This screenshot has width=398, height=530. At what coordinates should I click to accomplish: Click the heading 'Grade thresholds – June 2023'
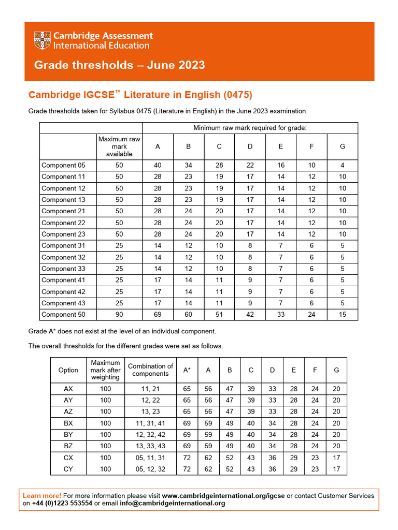(x=119, y=65)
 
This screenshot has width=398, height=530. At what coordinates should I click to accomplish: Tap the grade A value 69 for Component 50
(x=158, y=315)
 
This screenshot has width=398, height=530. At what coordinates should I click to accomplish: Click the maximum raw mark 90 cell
(x=119, y=315)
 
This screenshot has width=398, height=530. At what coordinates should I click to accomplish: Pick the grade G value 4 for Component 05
(x=342, y=166)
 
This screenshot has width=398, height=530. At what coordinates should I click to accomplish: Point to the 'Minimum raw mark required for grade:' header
(x=250, y=128)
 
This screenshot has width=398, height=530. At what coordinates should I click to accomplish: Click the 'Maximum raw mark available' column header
(x=119, y=146)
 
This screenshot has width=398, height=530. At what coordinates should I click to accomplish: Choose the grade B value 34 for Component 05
(x=189, y=166)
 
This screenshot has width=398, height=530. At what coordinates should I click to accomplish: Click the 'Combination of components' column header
(x=150, y=370)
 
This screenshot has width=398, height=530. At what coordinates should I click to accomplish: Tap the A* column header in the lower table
(x=187, y=370)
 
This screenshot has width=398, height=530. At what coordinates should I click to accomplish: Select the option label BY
(x=68, y=434)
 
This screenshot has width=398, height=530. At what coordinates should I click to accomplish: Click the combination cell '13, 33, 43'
(x=150, y=446)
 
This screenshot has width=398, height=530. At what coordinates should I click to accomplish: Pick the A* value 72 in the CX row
(x=187, y=457)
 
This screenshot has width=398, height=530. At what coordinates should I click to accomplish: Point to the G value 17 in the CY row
(x=336, y=469)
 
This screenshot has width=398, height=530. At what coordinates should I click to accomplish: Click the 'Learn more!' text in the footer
(x=42, y=496)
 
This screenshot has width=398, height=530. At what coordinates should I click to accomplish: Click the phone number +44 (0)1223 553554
(x=62, y=503)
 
